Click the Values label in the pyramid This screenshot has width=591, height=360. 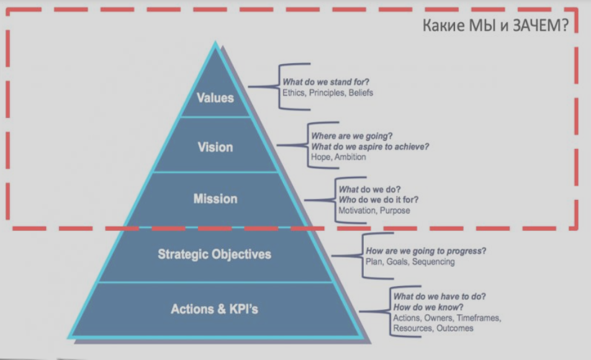(215, 97)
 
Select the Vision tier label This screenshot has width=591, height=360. (215, 147)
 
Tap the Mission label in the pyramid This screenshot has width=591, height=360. (215, 199)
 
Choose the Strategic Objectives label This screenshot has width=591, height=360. (214, 254)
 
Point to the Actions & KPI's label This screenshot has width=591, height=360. (214, 309)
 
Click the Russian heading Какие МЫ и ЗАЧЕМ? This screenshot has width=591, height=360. (495, 25)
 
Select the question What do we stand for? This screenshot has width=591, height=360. (326, 82)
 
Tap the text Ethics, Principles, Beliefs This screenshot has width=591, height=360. (328, 92)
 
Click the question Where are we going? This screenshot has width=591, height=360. (352, 136)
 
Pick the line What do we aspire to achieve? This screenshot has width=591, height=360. (370, 146)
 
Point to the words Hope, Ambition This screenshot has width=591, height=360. (338, 157)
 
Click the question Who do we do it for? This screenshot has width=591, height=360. (379, 200)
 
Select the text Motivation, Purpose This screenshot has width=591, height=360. (374, 210)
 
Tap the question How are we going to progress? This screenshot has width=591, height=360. (426, 251)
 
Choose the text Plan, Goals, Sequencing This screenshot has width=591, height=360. (410, 261)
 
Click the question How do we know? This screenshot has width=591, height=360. (428, 307)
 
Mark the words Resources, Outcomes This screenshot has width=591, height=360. (433, 328)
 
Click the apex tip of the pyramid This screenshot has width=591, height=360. (215, 41)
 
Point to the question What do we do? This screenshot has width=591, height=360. (370, 189)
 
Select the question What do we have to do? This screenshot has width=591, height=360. (440, 297)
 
